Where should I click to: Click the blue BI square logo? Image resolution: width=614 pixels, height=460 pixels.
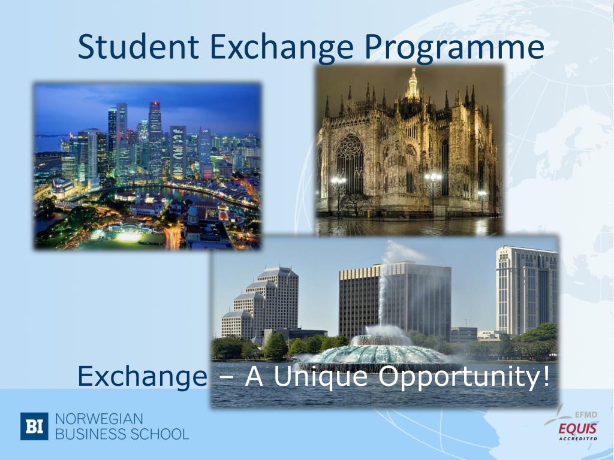tap(34, 426)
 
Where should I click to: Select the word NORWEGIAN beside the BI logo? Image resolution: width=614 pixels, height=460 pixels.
tap(99, 418)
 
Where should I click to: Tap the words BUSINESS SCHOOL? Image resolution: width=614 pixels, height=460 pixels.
tap(122, 434)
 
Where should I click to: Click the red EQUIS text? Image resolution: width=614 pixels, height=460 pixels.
tap(577, 428)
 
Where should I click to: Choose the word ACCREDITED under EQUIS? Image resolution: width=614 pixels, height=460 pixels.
tap(578, 438)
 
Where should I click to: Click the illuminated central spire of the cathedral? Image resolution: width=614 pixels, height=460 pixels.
tap(412, 84)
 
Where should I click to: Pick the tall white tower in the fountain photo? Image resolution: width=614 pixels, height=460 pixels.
tap(526, 290)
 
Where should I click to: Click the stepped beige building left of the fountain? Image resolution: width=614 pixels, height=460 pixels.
tap(264, 302)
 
